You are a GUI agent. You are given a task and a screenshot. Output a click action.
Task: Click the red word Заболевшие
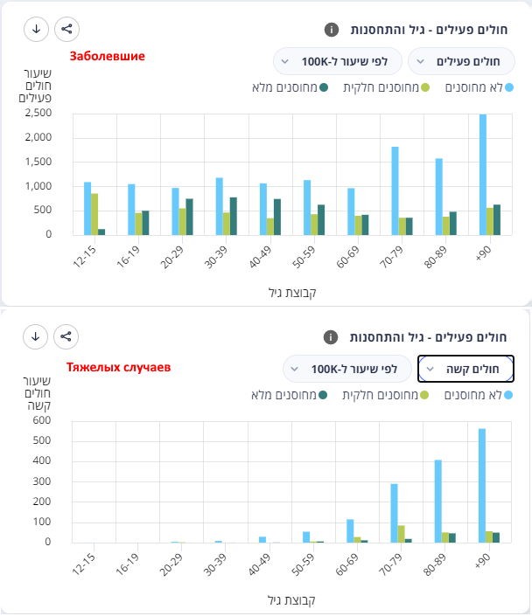[x=108, y=56]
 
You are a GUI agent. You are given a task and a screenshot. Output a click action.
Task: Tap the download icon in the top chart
[x=36, y=29]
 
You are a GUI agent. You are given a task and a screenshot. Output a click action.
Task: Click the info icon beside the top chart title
[x=331, y=29]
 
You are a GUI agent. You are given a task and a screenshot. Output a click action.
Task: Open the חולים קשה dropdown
[x=466, y=369]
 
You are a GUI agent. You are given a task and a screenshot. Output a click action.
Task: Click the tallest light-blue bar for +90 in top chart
[x=483, y=175]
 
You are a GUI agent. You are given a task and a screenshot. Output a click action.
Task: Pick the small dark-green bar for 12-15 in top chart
[x=102, y=232]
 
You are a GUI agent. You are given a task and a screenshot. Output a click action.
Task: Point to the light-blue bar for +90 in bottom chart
[x=481, y=485]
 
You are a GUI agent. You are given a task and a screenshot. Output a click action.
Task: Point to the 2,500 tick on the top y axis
[x=38, y=113]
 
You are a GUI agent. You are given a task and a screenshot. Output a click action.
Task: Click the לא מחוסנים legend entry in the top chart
[x=480, y=87]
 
